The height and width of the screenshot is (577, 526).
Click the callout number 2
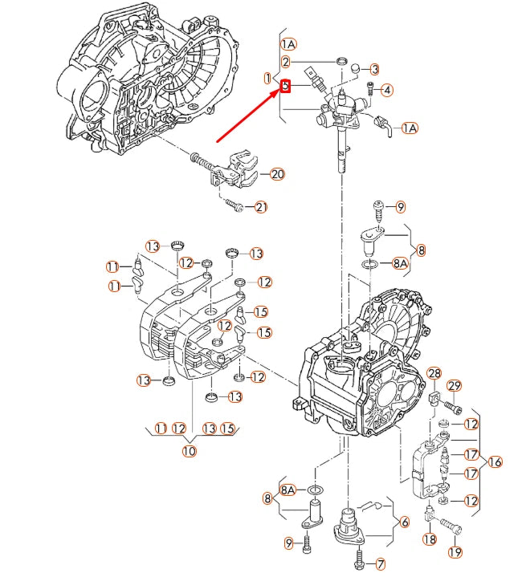point(285,62)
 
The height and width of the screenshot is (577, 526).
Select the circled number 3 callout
point(374,70)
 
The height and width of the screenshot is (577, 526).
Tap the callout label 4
point(386,90)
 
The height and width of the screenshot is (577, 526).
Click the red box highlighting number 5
point(284,84)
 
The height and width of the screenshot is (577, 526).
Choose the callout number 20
point(277,174)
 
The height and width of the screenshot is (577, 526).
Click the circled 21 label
point(261,208)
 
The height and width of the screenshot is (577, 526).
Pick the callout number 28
point(434,374)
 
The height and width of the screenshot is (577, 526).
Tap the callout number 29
point(455,388)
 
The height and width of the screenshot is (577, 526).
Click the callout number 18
point(430,539)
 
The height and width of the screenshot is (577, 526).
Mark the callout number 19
point(455,552)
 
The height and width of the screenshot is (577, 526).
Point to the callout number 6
point(403,522)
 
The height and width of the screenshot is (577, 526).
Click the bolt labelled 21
point(234,205)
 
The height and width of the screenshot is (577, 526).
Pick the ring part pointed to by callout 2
point(340,62)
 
